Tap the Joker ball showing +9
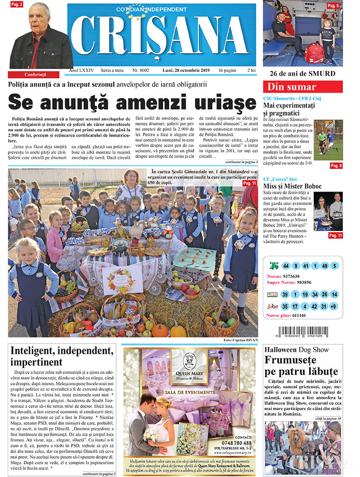(x=333, y=307)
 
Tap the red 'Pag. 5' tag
(x=333, y=5)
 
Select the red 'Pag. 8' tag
(x=336, y=166)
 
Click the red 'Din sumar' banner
(x=302, y=87)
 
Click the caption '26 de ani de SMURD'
(x=302, y=73)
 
